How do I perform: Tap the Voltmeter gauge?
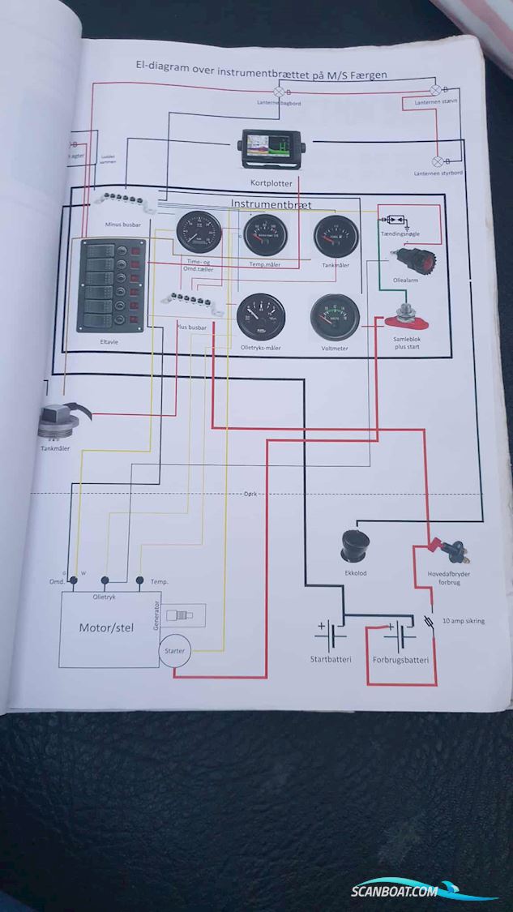pyautogui.click(x=334, y=317)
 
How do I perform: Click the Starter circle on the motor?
pyautogui.click(x=175, y=651)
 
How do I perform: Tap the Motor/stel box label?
pyautogui.click(x=105, y=627)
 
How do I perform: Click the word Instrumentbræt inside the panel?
pyautogui.click(x=271, y=205)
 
